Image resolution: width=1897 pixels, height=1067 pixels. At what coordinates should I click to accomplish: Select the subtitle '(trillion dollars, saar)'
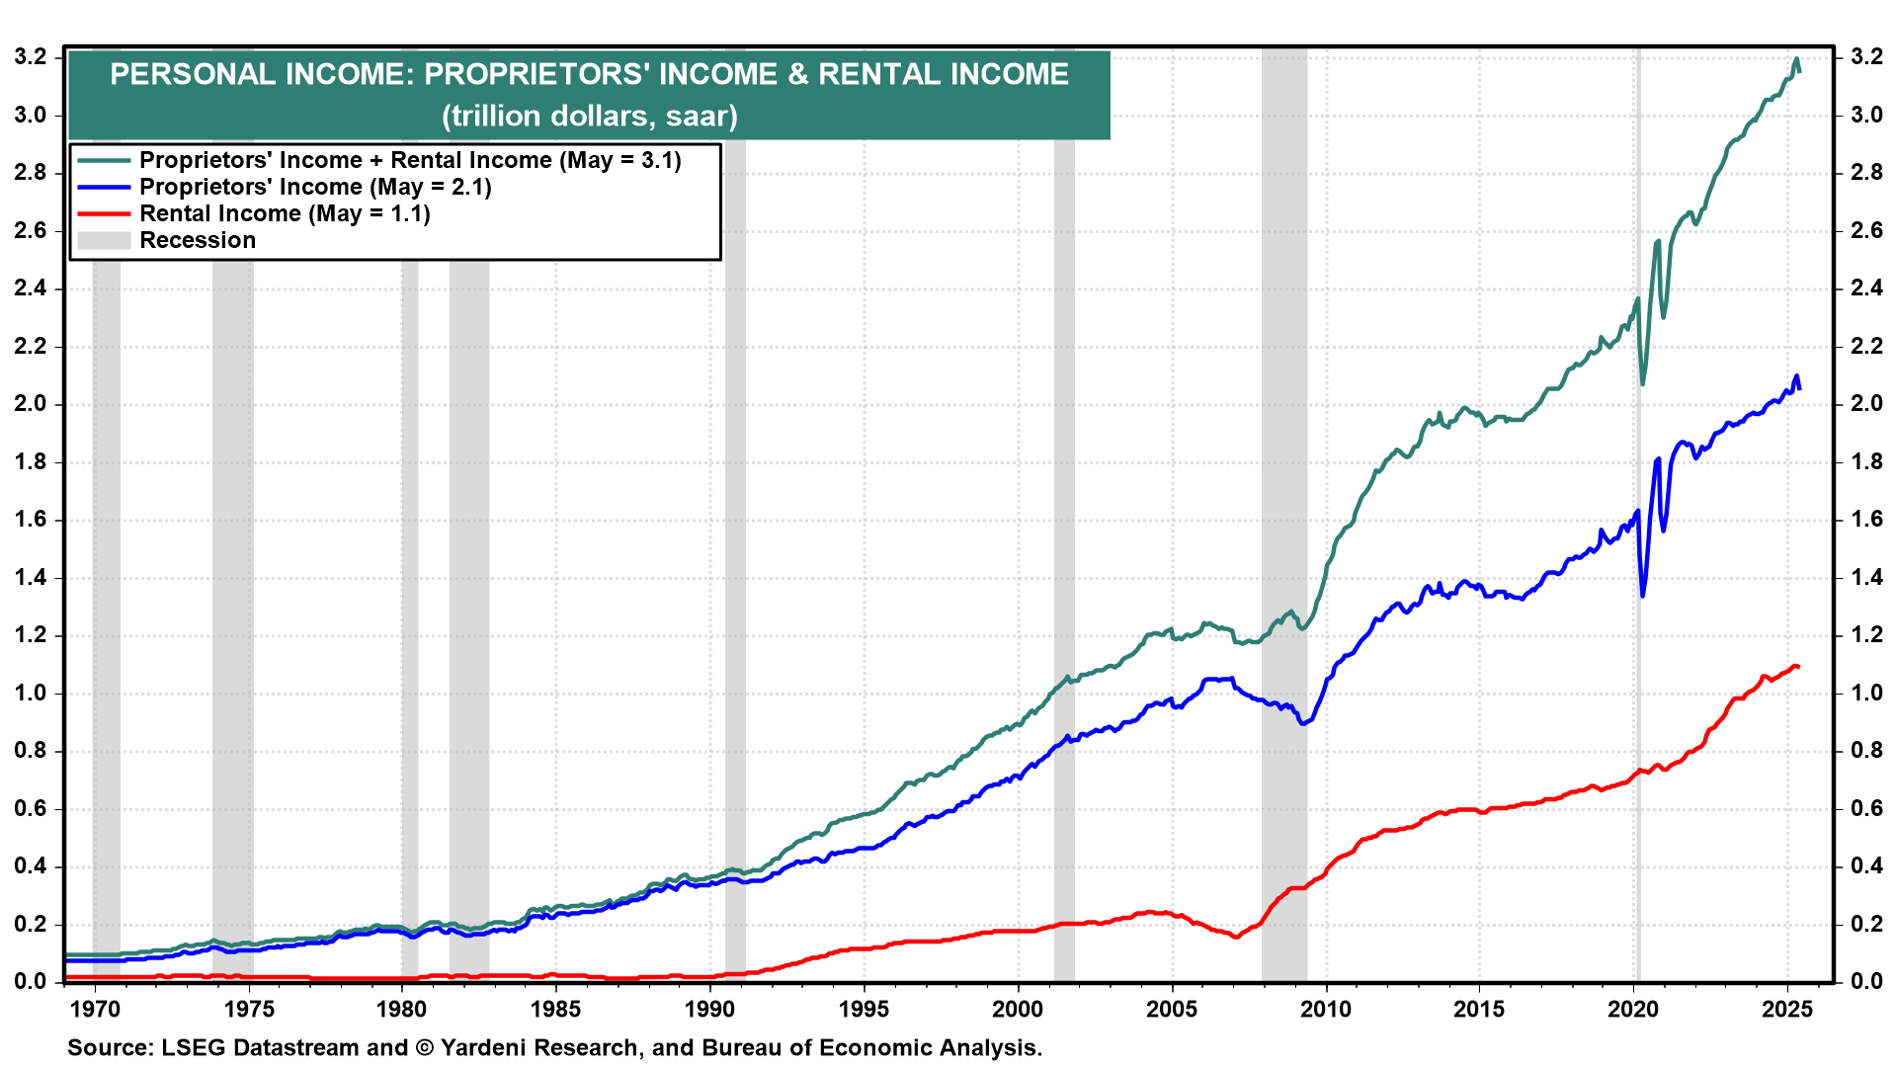point(590,117)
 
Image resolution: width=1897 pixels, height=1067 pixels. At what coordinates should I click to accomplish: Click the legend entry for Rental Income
point(285,213)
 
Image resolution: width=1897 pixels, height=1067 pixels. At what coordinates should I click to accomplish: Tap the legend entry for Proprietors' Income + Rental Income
point(410,160)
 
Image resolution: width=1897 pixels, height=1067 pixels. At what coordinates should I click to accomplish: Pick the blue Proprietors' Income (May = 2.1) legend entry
point(315,187)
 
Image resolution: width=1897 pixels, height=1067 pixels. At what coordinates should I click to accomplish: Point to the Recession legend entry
point(198,240)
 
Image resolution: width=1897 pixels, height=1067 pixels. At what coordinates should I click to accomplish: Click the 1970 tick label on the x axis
point(95,1009)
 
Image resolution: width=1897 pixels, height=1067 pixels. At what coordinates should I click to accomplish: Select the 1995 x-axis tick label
point(864,1009)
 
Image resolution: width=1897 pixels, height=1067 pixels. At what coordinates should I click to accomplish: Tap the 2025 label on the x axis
point(1786,1009)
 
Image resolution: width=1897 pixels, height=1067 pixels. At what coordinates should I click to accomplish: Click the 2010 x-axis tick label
point(1325,1009)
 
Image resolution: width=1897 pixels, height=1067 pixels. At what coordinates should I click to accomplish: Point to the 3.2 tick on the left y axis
point(31,57)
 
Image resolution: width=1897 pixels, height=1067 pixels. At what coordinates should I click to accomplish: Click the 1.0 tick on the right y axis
point(1866,694)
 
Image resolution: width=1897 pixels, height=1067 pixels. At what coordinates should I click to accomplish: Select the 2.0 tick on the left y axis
point(31,404)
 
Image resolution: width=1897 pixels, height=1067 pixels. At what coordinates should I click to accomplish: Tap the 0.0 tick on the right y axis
point(1866,982)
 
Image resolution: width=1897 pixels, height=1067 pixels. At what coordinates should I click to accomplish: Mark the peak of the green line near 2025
point(1796,59)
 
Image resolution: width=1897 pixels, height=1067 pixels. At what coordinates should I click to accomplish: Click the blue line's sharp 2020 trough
point(1642,595)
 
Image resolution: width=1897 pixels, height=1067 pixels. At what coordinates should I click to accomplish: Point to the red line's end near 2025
point(1798,667)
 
